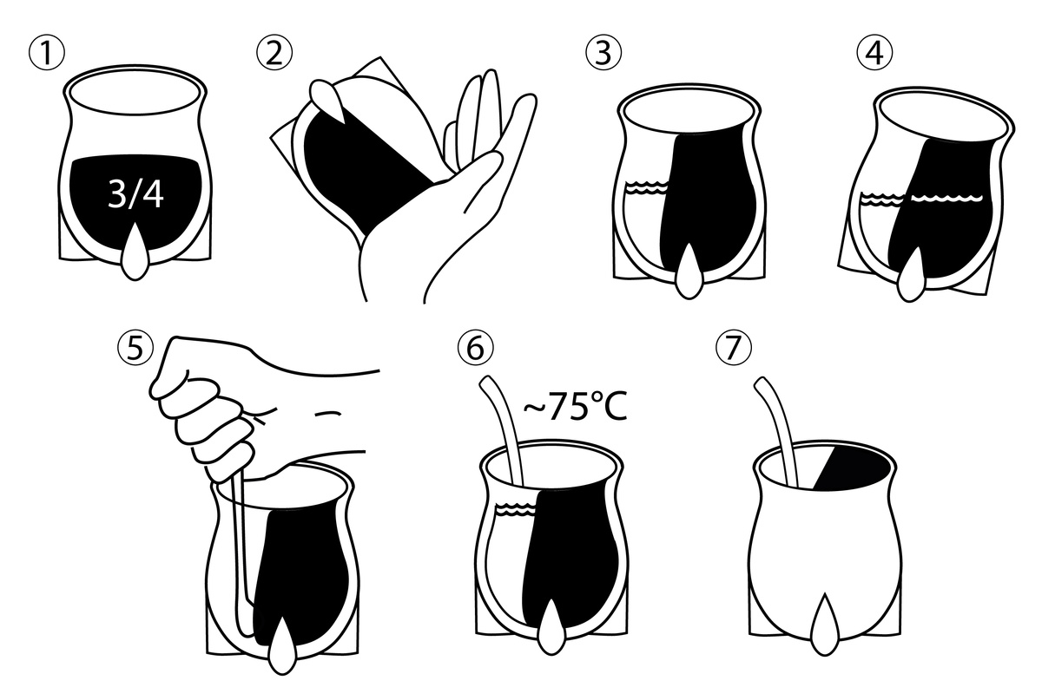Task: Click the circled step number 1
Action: (x=47, y=53)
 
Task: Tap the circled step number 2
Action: (x=274, y=53)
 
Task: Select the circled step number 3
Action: (x=603, y=53)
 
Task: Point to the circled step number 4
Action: (x=874, y=53)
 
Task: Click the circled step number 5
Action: (x=135, y=348)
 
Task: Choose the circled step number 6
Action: (x=475, y=348)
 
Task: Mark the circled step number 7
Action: (x=733, y=348)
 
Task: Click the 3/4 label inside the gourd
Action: (x=135, y=194)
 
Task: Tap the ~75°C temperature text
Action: (x=576, y=407)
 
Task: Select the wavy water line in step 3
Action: (x=647, y=188)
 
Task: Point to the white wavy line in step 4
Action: (x=946, y=199)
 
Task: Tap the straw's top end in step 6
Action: (x=486, y=383)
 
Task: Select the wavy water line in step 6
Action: (x=518, y=509)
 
